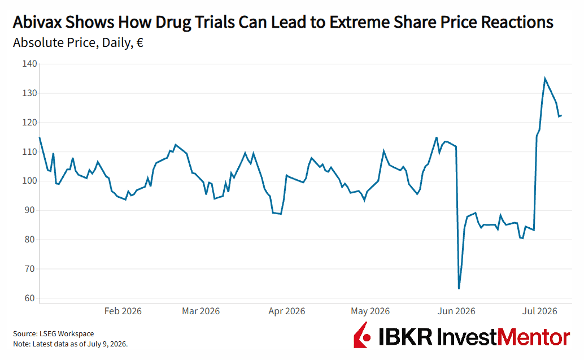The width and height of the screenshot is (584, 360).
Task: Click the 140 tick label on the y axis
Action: [30, 64]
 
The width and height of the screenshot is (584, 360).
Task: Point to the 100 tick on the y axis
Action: [30, 181]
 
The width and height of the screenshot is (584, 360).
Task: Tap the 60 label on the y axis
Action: [30, 298]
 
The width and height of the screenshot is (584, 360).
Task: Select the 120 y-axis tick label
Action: [30, 122]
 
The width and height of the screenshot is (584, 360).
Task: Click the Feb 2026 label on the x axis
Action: [123, 311]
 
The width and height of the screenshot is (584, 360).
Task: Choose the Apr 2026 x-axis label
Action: [287, 311]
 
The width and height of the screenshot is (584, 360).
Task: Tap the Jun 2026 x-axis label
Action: [456, 311]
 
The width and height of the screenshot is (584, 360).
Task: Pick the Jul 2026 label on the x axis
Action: [540, 311]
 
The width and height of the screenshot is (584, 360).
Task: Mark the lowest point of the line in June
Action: [459, 288]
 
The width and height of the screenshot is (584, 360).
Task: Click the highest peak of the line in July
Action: [545, 78]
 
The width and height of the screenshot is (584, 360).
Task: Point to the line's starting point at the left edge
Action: [40, 137]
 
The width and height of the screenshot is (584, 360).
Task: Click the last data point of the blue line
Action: [561, 115]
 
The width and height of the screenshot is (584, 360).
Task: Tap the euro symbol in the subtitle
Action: [140, 43]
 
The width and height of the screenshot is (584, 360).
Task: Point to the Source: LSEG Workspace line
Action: [54, 334]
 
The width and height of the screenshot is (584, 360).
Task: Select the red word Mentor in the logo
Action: [534, 337]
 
